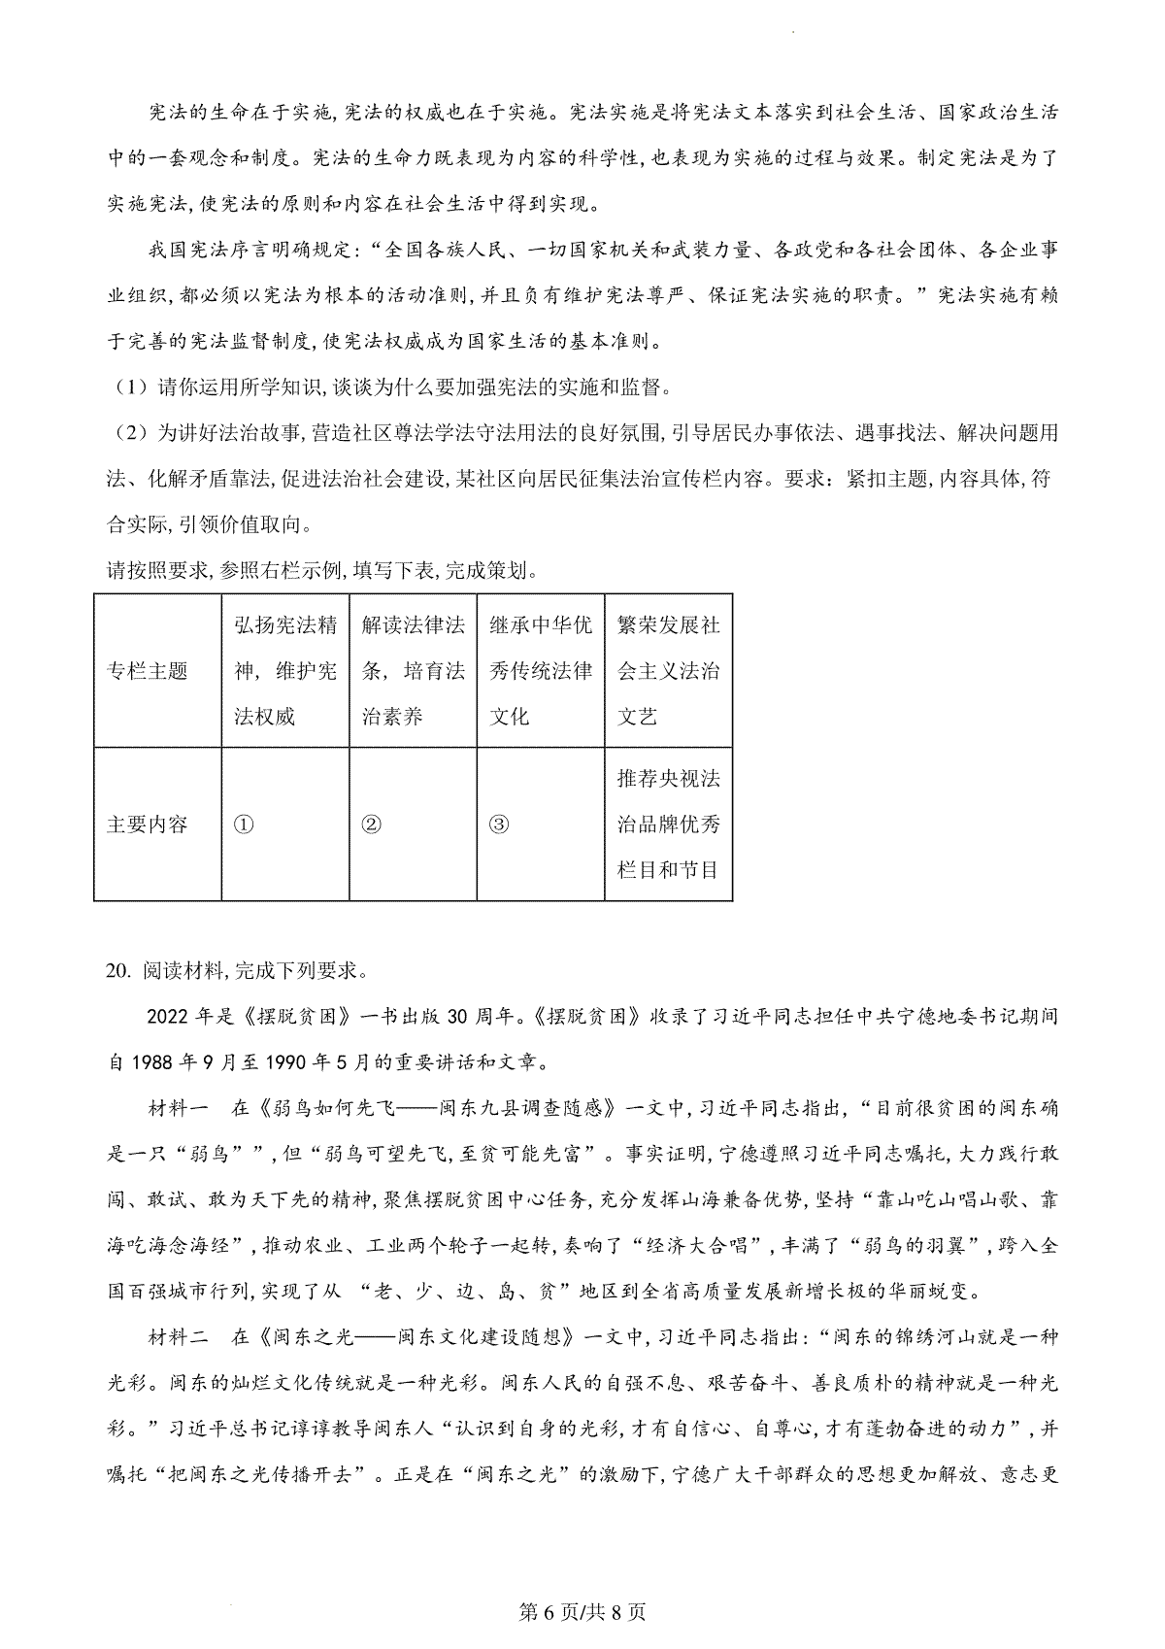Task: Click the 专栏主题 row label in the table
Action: (x=147, y=671)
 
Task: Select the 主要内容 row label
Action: (x=147, y=824)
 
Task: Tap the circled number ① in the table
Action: (x=244, y=824)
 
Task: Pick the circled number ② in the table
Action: (x=371, y=824)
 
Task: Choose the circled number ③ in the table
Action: (x=499, y=824)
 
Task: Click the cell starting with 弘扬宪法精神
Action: (x=285, y=671)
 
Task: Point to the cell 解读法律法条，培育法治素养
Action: (x=413, y=671)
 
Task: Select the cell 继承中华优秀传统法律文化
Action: (x=541, y=671)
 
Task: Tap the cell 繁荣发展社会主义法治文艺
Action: (x=668, y=671)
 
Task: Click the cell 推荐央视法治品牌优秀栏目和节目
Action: (x=668, y=824)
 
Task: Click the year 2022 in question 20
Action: (x=166, y=1016)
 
